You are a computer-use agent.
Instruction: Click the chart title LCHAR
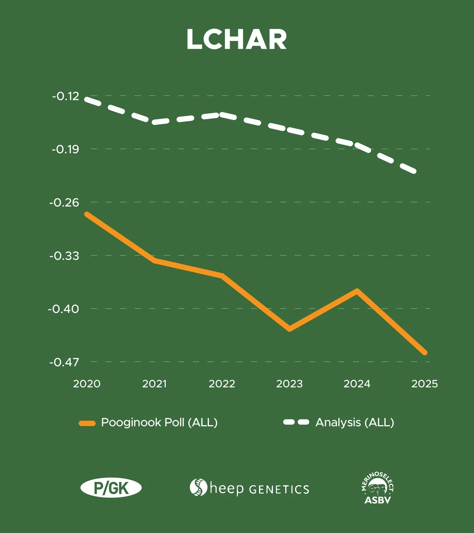(x=237, y=39)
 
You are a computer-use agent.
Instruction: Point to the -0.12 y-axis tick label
(x=65, y=96)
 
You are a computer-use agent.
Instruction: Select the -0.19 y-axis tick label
(x=65, y=149)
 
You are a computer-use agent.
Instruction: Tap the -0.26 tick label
(x=64, y=203)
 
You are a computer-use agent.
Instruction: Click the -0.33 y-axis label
(x=64, y=256)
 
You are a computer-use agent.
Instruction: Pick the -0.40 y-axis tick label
(x=63, y=309)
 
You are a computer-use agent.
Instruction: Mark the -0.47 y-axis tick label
(x=64, y=362)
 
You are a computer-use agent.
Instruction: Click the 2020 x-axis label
(x=87, y=384)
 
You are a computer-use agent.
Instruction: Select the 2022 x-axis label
(x=222, y=384)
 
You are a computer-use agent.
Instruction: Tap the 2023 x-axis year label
(x=289, y=384)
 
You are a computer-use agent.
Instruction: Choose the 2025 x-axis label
(x=425, y=384)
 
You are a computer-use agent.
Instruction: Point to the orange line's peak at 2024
(x=357, y=291)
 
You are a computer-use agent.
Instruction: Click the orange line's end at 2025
(x=425, y=353)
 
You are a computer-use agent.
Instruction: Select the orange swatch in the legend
(x=87, y=423)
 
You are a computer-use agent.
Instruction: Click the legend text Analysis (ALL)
(x=355, y=423)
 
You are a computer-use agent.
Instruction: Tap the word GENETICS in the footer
(x=279, y=490)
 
